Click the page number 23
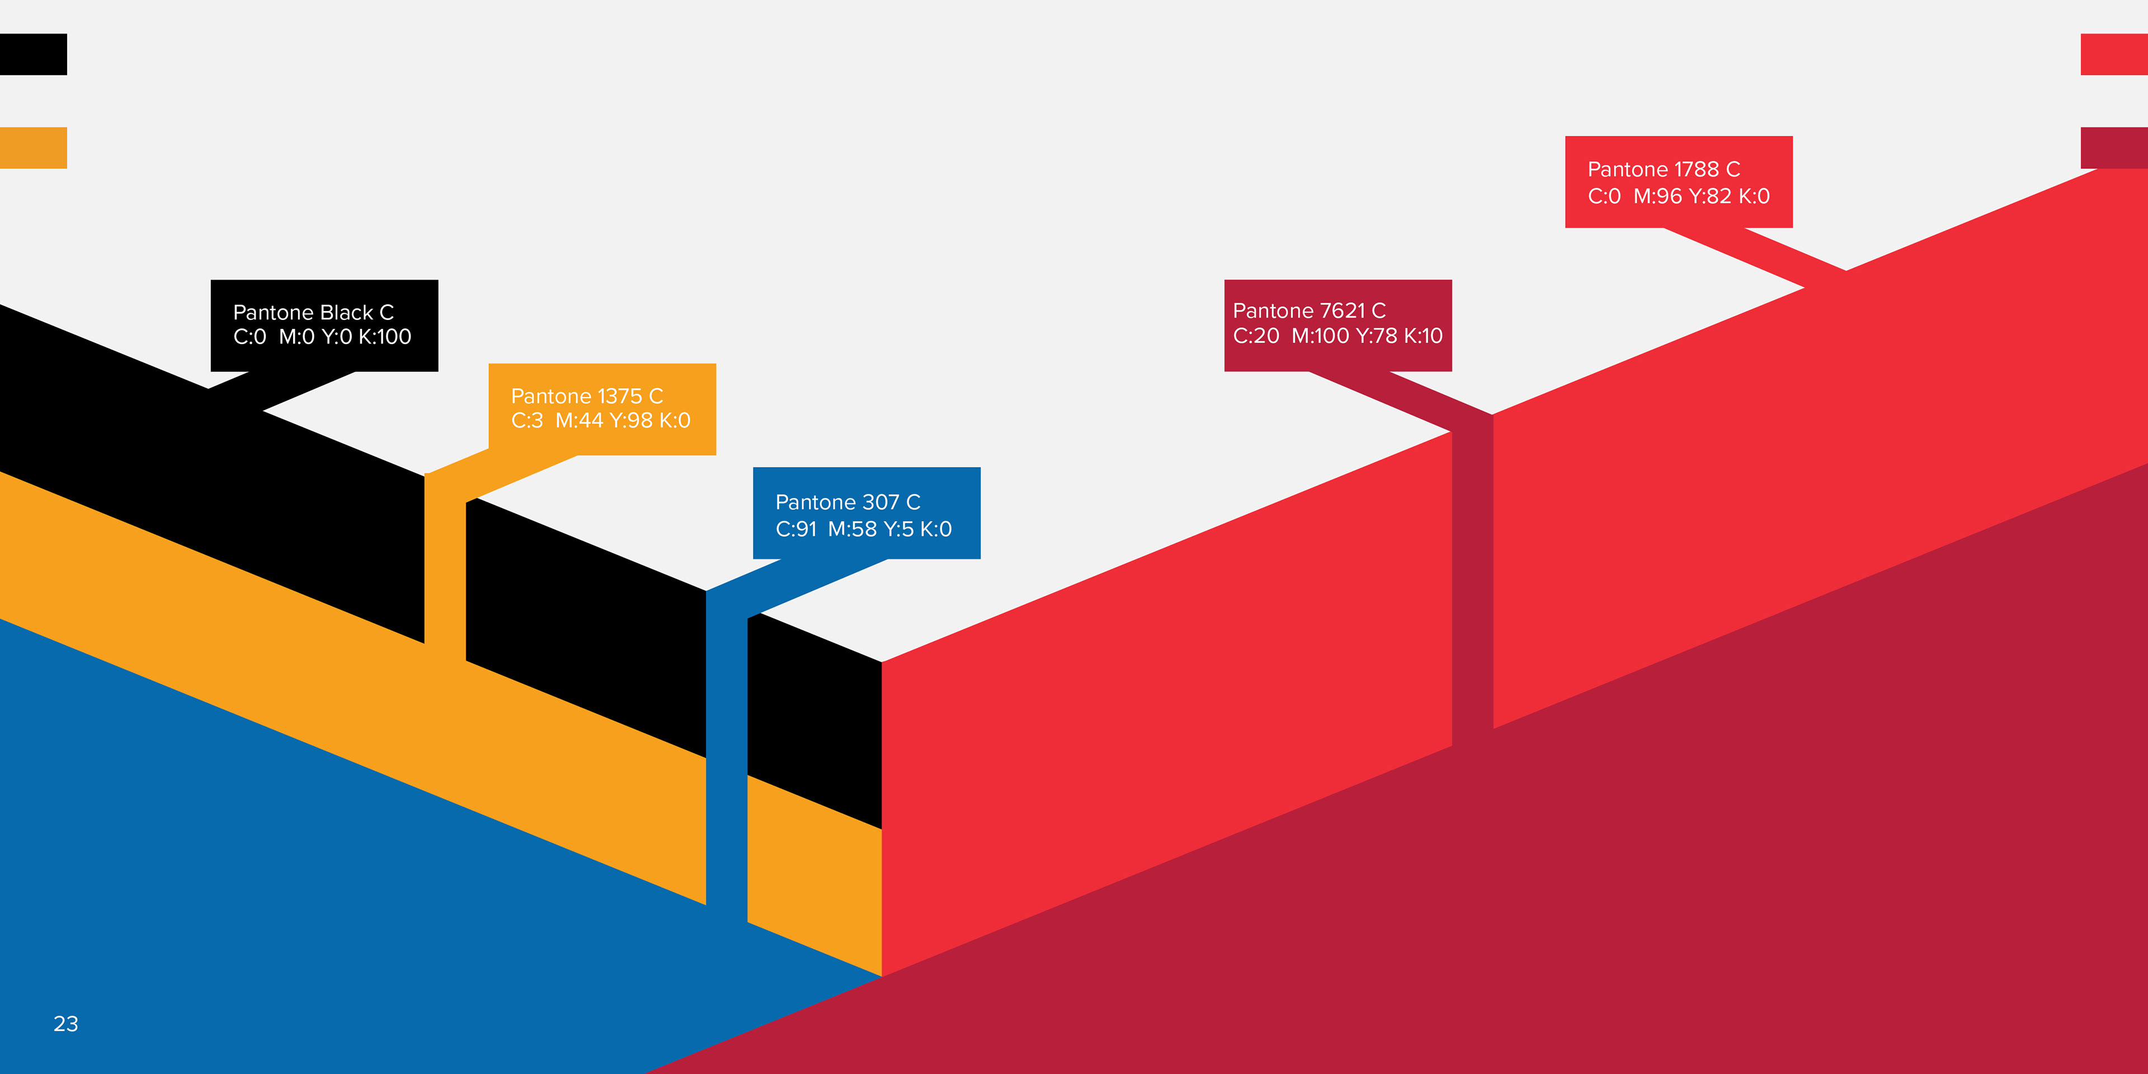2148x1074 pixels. click(x=66, y=1024)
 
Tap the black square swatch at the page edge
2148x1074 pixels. click(x=34, y=54)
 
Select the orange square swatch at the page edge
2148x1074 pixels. click(x=34, y=148)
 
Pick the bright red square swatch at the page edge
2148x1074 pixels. click(x=2114, y=54)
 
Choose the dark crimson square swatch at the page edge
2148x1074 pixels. click(x=2114, y=148)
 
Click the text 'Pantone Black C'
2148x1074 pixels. click(x=313, y=313)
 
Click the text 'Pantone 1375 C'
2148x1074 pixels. click(x=587, y=396)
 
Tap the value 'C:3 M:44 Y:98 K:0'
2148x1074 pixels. click(x=600, y=420)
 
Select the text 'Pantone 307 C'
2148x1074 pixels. click(x=847, y=502)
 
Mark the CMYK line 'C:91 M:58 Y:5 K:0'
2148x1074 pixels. click(x=863, y=529)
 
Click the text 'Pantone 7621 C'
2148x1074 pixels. click(x=1309, y=311)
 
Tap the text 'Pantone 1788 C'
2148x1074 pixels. click(x=1664, y=169)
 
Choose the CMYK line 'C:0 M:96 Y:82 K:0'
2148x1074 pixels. click(x=1679, y=196)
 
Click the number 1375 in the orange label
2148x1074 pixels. click(x=620, y=396)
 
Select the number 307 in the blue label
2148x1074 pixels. click(x=880, y=502)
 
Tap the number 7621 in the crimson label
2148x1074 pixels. click(x=1342, y=311)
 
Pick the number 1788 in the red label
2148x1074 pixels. click(x=1696, y=169)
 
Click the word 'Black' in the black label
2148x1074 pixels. click(x=346, y=313)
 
